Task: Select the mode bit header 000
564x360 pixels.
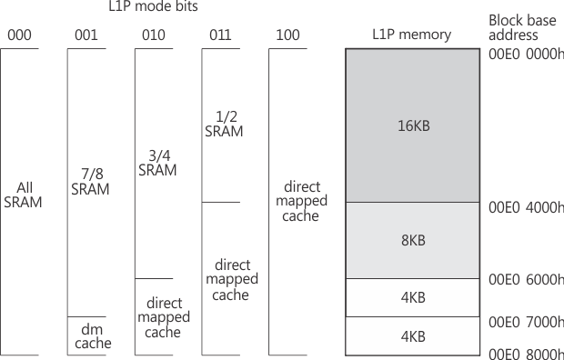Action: point(19,35)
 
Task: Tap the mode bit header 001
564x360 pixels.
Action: point(86,35)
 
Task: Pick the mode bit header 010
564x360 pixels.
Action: point(154,35)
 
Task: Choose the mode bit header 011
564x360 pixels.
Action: point(221,35)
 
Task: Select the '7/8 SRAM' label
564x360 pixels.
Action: point(90,182)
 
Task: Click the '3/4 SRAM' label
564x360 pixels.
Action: point(157,163)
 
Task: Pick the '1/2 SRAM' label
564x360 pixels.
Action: point(224,124)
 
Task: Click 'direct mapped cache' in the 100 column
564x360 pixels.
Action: point(301,201)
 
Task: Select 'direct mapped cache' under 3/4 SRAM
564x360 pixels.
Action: point(164,316)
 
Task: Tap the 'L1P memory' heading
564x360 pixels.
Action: point(411,35)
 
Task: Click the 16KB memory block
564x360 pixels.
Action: point(412,125)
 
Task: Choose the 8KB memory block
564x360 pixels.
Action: point(412,241)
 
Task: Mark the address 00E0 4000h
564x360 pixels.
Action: point(526,207)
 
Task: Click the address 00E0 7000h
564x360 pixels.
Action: point(526,323)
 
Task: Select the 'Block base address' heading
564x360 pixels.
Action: point(520,27)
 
